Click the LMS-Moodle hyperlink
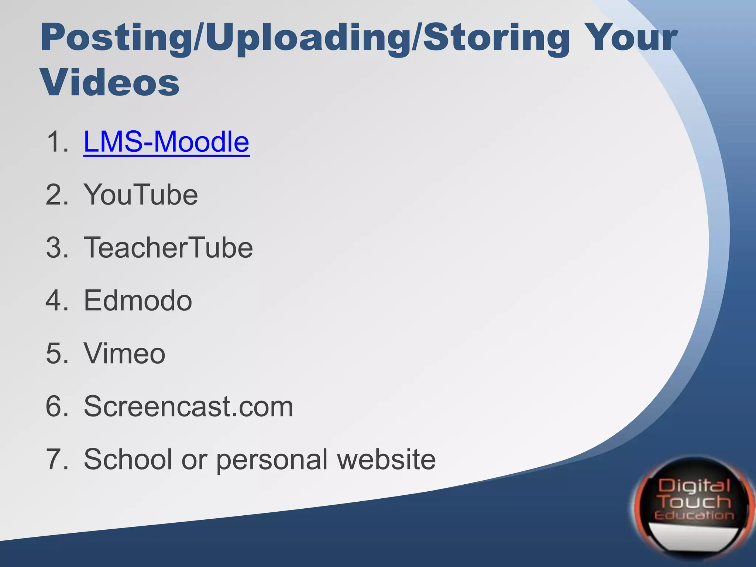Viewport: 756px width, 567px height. point(166,142)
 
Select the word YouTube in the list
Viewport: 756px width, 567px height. point(141,195)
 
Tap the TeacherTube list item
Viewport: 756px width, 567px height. point(168,247)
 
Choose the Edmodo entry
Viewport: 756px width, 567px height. point(138,300)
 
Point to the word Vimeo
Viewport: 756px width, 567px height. point(124,353)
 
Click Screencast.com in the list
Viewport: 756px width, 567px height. point(188,406)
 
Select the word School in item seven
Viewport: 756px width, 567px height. point(128,459)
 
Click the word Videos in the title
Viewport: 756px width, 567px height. point(110,83)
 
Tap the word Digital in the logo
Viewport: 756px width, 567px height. point(694,486)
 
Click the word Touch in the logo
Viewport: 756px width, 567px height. point(695,502)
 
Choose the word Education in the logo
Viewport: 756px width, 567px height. point(694,516)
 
